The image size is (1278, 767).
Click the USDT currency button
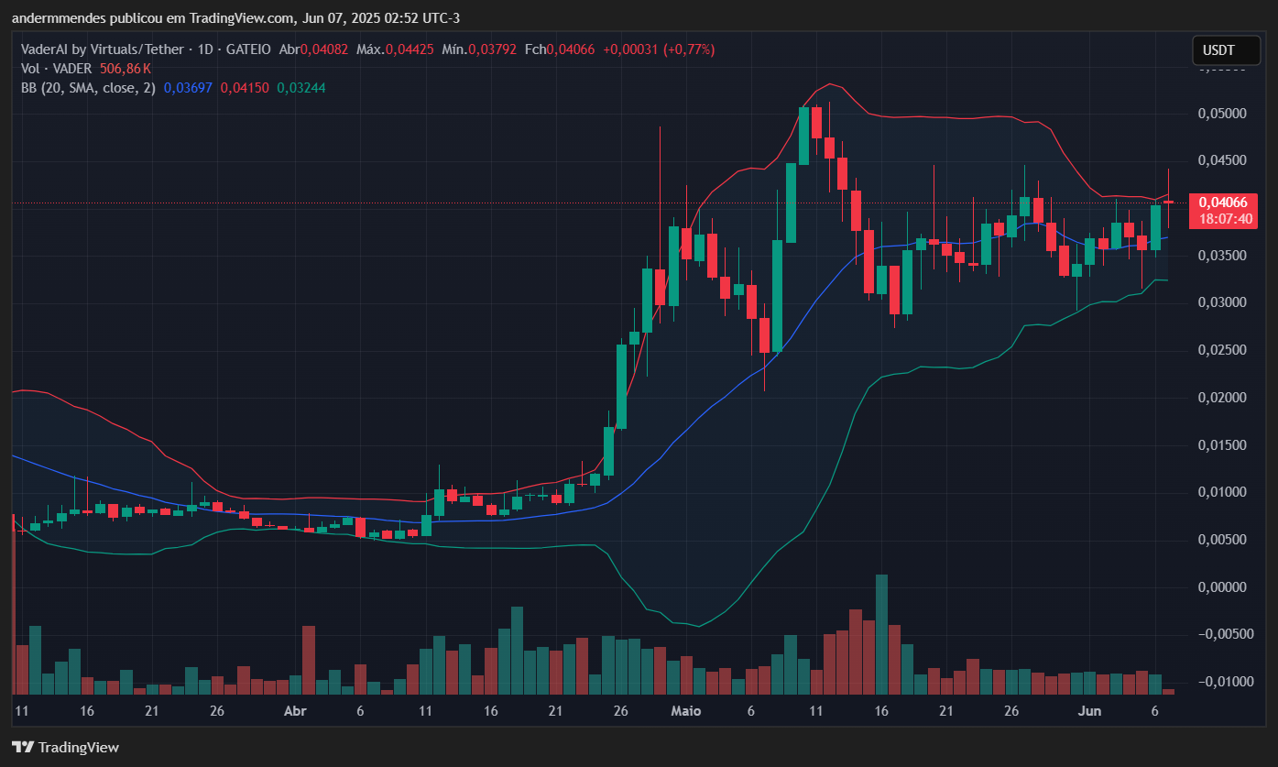coord(1218,50)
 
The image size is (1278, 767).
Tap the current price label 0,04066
coord(1215,203)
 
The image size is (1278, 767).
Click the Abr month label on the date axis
coord(294,711)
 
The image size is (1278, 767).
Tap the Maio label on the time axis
coord(685,711)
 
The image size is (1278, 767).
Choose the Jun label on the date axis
coord(1088,711)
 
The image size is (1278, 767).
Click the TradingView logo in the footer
coord(65,747)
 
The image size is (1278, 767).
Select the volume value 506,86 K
coord(126,69)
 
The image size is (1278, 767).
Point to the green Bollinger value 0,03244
coord(301,88)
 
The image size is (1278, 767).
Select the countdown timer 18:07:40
coord(1215,220)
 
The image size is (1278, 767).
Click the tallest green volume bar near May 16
coord(881,634)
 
